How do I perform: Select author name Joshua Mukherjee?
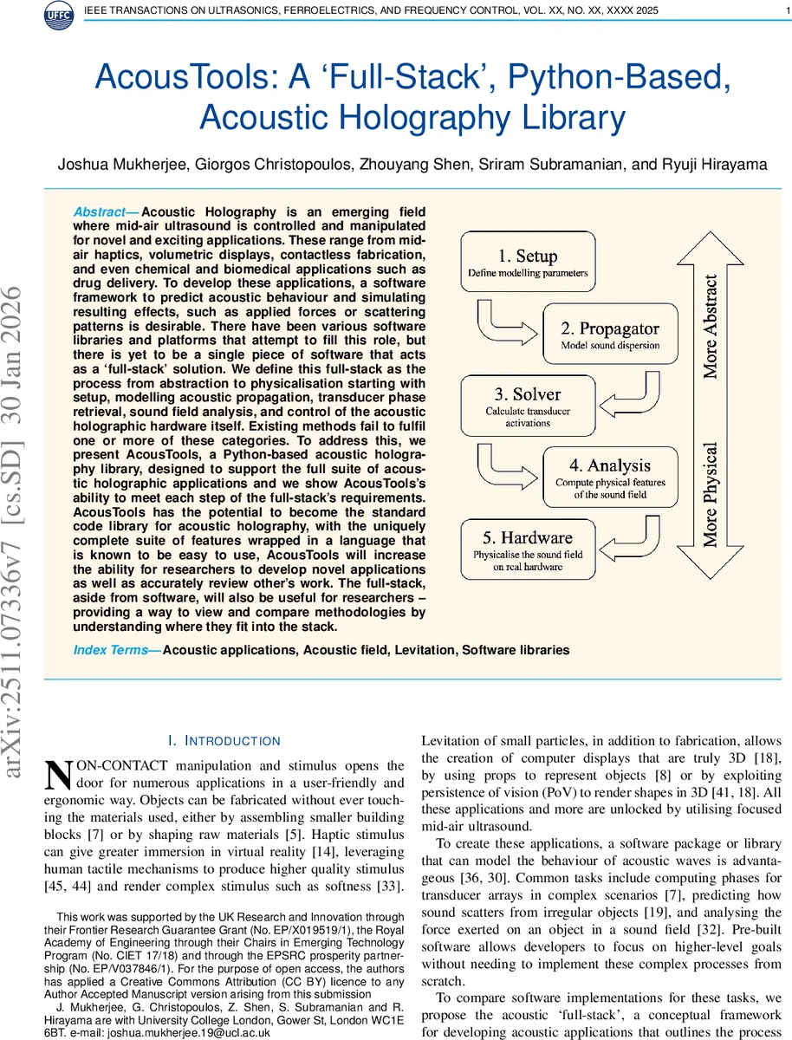click(114, 165)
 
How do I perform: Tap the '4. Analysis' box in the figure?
click(609, 477)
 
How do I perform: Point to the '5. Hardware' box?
click(528, 548)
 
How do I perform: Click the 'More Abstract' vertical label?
click(711, 328)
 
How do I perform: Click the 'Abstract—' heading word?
click(106, 212)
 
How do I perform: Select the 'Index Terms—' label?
click(117, 650)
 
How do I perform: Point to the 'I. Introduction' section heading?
click(224, 741)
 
